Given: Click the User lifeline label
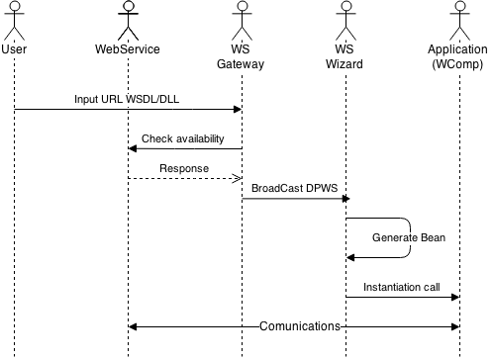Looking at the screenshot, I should [x=14, y=49].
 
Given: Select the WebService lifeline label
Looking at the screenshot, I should [x=127, y=49].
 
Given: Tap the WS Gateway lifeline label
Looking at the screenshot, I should [x=240, y=57].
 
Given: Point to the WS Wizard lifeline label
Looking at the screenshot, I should [x=345, y=57].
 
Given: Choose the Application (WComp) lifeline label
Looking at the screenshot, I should [x=457, y=57].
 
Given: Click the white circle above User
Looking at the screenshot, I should [x=14, y=6].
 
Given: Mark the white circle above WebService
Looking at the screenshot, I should [x=128, y=6].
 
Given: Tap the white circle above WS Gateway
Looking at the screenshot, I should [x=240, y=6].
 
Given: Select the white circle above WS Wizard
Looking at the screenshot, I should [x=345, y=6].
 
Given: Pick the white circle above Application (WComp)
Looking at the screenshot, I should [x=458, y=6].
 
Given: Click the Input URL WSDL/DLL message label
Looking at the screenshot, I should [x=127, y=100].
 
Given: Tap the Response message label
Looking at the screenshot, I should [x=184, y=169].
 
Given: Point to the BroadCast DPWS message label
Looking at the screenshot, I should [x=294, y=189].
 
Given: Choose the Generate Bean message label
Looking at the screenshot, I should [x=409, y=238].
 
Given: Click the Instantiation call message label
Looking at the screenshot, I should [x=401, y=288].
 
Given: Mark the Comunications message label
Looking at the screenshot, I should [x=300, y=326].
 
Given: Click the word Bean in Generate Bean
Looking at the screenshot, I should [x=432, y=238].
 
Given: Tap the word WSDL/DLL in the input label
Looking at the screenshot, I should [x=153, y=100].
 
